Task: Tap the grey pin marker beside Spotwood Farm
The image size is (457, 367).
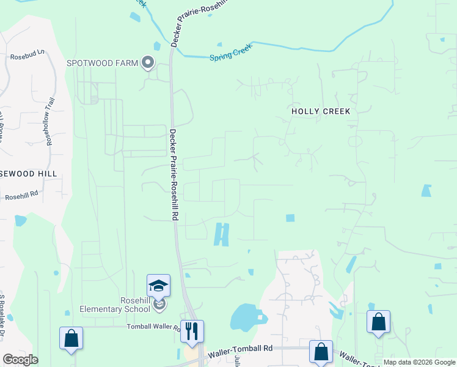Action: pos(147,62)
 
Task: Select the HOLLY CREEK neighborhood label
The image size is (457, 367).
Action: pos(321,111)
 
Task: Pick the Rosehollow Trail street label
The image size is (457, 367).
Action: pos(50,121)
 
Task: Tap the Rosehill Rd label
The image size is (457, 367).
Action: pos(21,196)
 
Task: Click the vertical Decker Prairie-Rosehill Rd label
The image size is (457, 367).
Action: pos(174,174)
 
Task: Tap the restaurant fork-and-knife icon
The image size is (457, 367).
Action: pos(192,331)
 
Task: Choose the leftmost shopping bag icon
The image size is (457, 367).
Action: pos(71,338)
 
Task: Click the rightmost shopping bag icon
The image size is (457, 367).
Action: pos(378,322)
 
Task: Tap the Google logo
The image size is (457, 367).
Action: pos(20,360)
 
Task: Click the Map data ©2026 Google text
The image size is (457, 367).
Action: pos(419,363)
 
